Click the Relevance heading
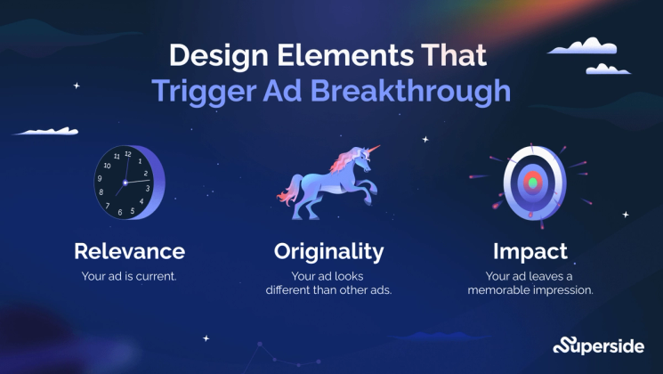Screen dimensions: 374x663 (129, 250)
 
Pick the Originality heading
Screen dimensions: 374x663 (328, 250)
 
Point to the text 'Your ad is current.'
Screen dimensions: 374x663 (129, 275)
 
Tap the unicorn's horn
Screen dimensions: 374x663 (371, 149)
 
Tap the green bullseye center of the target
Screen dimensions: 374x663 (532, 183)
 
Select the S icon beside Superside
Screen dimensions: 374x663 (562, 346)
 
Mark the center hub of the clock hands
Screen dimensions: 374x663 (125, 182)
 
